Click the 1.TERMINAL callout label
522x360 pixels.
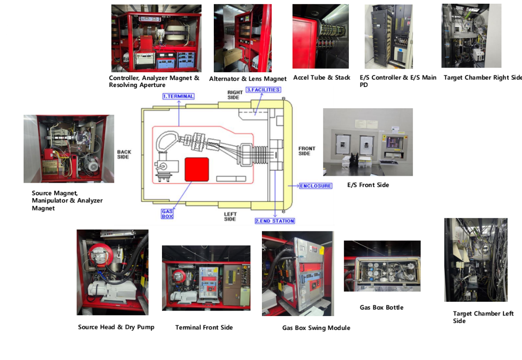[x=178, y=96]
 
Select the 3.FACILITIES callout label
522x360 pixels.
[x=263, y=90]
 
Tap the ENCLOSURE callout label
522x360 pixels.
[x=316, y=186]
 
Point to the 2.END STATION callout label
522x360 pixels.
[x=275, y=221]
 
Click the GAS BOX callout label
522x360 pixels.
[x=167, y=213]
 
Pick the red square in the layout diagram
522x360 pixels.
[x=197, y=169]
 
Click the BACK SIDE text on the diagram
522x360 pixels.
[x=124, y=155]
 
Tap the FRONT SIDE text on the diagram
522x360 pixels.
[x=307, y=151]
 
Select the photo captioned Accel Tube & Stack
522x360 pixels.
[x=321, y=37]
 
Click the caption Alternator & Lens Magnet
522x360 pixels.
[x=248, y=79]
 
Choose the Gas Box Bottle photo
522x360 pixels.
[x=382, y=266]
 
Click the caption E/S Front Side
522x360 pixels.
[x=368, y=185]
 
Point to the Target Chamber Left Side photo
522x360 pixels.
[x=476, y=260]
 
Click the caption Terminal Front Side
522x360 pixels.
[x=204, y=328]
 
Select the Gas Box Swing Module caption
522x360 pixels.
[x=316, y=328]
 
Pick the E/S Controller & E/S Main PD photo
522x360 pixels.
[x=388, y=37]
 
